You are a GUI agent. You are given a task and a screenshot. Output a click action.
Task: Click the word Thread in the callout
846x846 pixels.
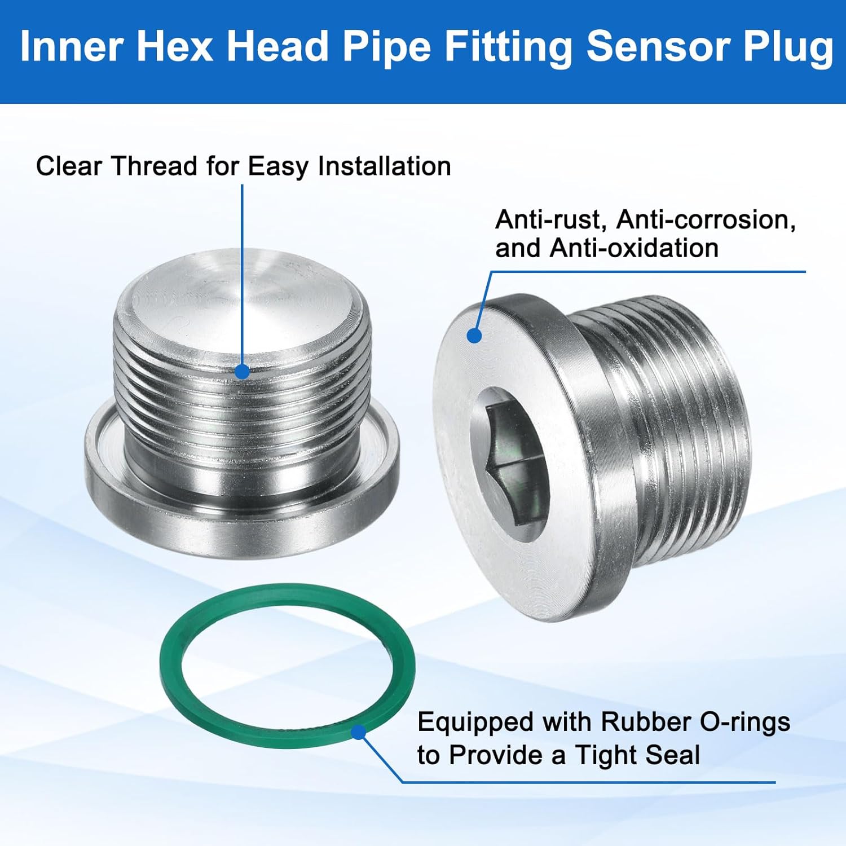point(154,166)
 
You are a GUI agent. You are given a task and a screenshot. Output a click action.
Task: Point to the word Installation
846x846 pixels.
point(384,166)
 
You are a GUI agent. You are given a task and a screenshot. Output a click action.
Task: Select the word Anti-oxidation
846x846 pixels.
point(634,248)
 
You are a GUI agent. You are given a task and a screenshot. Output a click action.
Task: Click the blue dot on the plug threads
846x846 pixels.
point(242,372)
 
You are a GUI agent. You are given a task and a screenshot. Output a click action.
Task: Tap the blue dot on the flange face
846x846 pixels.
point(475,336)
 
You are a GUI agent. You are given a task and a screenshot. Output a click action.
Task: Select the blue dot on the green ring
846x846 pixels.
point(358,733)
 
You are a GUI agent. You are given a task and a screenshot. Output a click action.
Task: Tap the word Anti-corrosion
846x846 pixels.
point(706,220)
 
